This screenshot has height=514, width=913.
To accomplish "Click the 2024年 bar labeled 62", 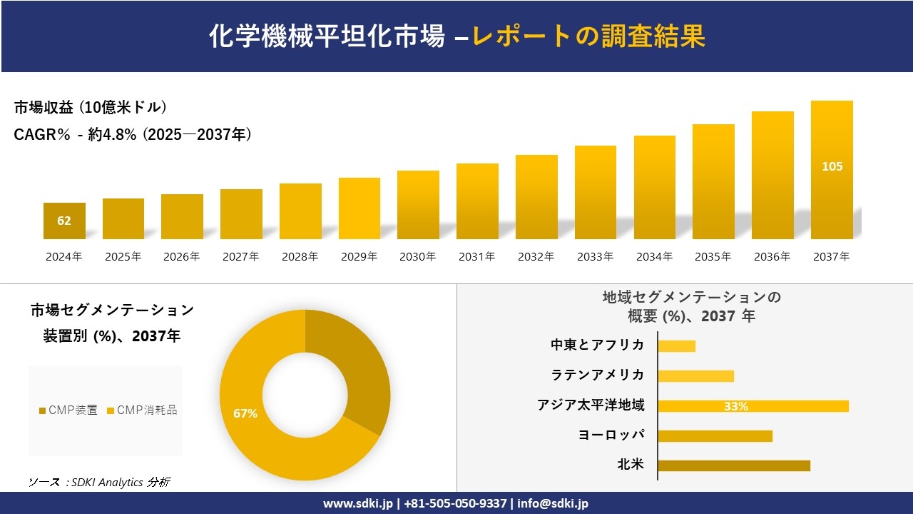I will [64, 221].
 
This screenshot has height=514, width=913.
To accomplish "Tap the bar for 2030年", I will [418, 205].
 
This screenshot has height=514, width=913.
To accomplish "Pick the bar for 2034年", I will [654, 187].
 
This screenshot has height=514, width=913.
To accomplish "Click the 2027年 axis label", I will [240, 257].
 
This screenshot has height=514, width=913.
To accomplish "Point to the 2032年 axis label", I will [536, 257].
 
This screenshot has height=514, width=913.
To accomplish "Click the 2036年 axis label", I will [772, 257].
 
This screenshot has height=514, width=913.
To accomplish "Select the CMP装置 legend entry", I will [68, 410].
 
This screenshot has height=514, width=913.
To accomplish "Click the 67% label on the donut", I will [245, 413].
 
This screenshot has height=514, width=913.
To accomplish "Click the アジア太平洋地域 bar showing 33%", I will [753, 406].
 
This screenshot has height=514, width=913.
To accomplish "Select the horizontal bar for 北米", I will [733, 465].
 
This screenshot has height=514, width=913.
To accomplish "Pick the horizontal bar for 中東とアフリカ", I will [676, 346].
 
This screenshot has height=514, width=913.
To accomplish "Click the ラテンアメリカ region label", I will [597, 375].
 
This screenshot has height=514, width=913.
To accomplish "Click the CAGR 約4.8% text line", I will [133, 135].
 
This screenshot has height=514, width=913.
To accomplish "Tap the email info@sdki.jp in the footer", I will [553, 503].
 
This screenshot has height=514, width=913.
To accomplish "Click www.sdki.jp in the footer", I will [357, 503].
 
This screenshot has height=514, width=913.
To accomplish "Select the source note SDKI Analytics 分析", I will [99, 483].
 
